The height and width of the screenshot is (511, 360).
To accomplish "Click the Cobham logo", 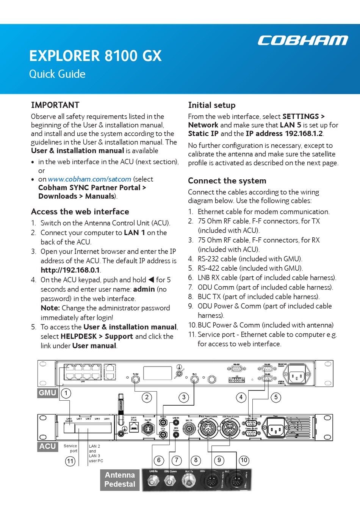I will (x=302, y=40).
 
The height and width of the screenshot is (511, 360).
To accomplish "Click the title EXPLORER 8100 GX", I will (x=95, y=56).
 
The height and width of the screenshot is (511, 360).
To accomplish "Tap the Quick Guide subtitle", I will (x=57, y=74).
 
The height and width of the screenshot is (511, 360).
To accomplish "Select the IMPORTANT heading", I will (x=55, y=105).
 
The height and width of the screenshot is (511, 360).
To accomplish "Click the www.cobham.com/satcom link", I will (x=89, y=179).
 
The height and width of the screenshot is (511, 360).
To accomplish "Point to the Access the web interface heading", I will (x=80, y=212).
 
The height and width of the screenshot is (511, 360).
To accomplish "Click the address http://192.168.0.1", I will (x=70, y=270).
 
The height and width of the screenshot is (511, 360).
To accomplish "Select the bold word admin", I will (x=144, y=289).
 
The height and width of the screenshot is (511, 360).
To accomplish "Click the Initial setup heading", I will (x=212, y=105).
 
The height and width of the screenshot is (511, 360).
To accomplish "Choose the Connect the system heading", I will (x=227, y=181).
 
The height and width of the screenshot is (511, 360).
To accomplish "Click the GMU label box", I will (x=47, y=393).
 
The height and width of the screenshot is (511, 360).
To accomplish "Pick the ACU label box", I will (x=47, y=446).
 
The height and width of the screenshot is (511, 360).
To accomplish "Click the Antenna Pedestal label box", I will (x=120, y=480).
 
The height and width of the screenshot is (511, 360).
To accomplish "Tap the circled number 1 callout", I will (x=66, y=393).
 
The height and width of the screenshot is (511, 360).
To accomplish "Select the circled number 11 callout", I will (x=70, y=461).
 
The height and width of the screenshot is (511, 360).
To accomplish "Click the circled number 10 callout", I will (x=244, y=460).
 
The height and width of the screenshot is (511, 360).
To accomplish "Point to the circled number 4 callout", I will (x=241, y=397).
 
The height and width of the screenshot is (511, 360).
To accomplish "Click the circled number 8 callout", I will (x=196, y=460).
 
